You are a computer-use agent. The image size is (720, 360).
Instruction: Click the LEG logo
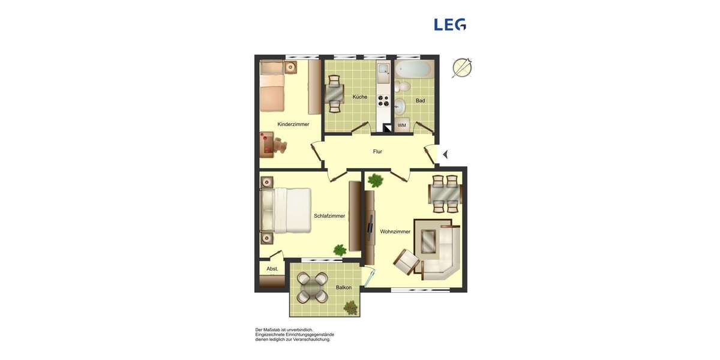[x=450, y=25]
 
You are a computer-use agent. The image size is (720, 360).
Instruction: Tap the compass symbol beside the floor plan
[x=462, y=67]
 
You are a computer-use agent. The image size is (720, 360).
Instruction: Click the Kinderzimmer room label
[x=293, y=124]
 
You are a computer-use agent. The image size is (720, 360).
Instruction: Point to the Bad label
[x=420, y=101]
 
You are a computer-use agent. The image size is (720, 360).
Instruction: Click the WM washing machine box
[x=402, y=125]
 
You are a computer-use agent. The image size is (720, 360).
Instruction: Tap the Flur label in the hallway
[x=377, y=152]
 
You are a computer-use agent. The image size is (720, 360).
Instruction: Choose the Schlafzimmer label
[x=329, y=216]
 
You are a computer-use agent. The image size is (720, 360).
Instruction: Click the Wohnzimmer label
[x=395, y=232]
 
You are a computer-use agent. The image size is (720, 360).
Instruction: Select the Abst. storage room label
[x=272, y=269]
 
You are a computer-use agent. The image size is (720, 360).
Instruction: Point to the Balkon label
[x=344, y=287]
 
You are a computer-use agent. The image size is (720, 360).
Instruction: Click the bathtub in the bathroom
[x=413, y=69]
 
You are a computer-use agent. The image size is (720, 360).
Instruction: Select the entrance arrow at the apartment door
[x=445, y=155]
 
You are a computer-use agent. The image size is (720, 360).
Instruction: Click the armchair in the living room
[x=407, y=262]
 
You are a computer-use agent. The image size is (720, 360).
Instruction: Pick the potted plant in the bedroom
[x=340, y=250]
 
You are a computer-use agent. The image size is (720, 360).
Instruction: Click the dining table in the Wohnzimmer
[x=445, y=194]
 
